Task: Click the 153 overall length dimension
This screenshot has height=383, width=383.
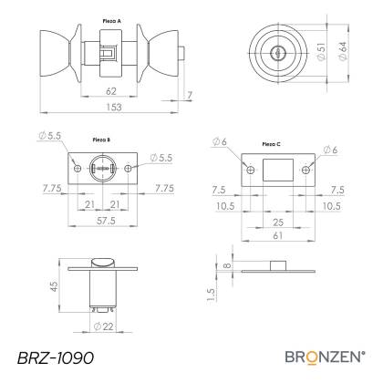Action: (x=114, y=108)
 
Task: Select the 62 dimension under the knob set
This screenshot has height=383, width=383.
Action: (x=111, y=91)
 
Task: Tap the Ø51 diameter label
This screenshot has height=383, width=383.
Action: (x=321, y=52)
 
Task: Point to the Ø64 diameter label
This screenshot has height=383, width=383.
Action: (x=342, y=51)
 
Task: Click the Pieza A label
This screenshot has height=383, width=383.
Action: (x=111, y=21)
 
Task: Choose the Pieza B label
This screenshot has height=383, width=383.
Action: (x=101, y=140)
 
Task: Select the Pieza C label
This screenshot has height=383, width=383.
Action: (x=271, y=144)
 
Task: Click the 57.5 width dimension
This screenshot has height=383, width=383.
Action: (x=106, y=221)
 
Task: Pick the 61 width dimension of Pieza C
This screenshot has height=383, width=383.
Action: (x=278, y=235)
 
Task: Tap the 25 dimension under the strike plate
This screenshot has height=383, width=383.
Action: (x=278, y=223)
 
